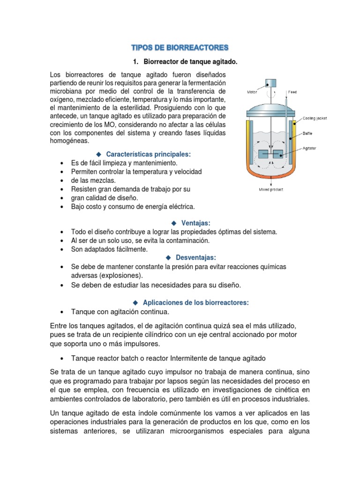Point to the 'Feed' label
(x=292, y=92)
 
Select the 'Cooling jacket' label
(x=315, y=119)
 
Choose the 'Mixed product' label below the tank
(x=271, y=189)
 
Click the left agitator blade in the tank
(x=263, y=153)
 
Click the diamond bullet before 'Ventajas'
(x=174, y=223)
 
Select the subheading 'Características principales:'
(x=149, y=154)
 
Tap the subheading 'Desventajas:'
(x=195, y=257)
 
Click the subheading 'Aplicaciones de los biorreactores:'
(x=196, y=303)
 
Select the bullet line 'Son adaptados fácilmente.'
(x=109, y=249)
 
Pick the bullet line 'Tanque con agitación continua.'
(x=120, y=312)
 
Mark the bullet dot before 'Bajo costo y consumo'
(x=62, y=207)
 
